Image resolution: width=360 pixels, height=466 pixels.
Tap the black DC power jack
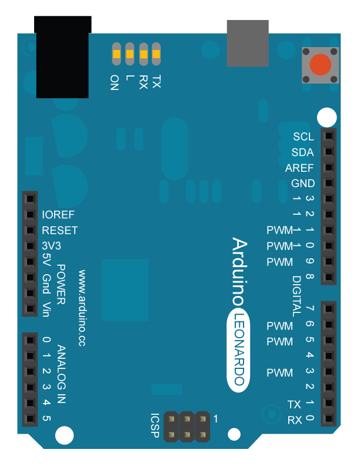(63, 57)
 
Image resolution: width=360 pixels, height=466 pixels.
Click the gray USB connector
(248, 43)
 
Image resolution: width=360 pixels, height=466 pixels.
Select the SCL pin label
(304, 137)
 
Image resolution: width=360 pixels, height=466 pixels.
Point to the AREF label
(299, 168)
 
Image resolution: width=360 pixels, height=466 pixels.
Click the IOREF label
(58, 215)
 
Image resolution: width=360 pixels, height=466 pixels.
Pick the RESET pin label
(60, 230)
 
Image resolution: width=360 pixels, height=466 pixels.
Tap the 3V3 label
(52, 245)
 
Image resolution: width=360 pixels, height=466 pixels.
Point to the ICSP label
(155, 425)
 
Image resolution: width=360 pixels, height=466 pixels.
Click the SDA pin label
(302, 152)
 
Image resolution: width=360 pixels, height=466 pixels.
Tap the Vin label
(47, 309)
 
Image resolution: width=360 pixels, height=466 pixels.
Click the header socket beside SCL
(328, 137)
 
